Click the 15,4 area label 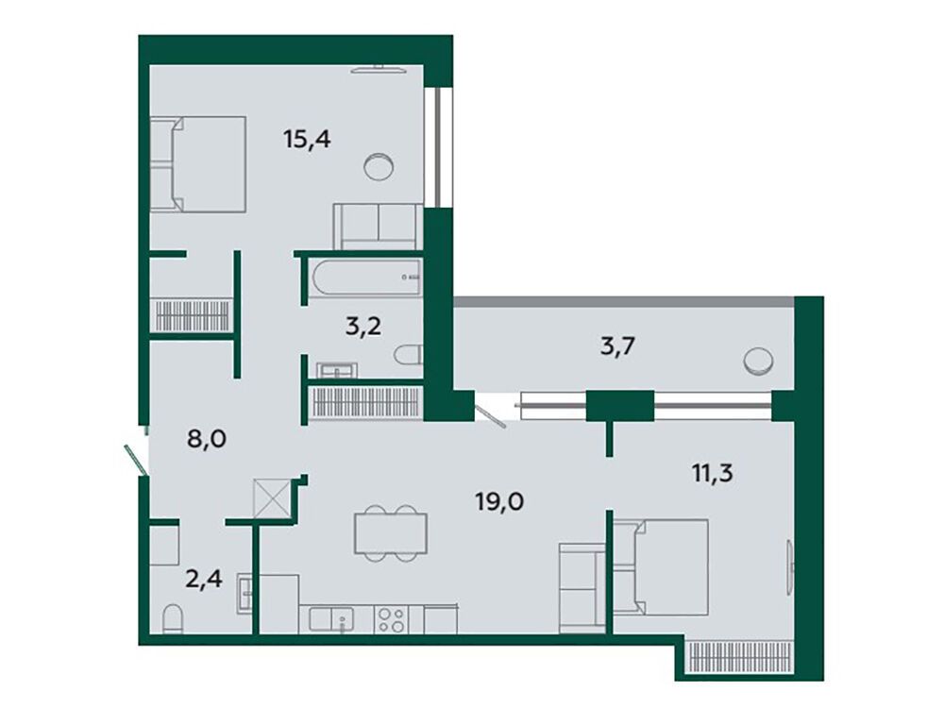307,141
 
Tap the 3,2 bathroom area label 363,327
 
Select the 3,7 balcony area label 618,346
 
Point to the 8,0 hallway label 207,439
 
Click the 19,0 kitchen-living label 499,501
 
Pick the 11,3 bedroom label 712,473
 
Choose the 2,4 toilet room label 204,580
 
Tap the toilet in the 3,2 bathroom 408,355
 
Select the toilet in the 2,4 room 172,619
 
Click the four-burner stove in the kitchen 391,619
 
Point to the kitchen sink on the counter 331,619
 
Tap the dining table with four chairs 391,533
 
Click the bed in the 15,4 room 198,164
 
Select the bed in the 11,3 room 661,567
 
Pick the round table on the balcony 759,362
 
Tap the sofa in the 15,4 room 379,227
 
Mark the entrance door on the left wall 135,459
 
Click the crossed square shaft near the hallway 272,497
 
